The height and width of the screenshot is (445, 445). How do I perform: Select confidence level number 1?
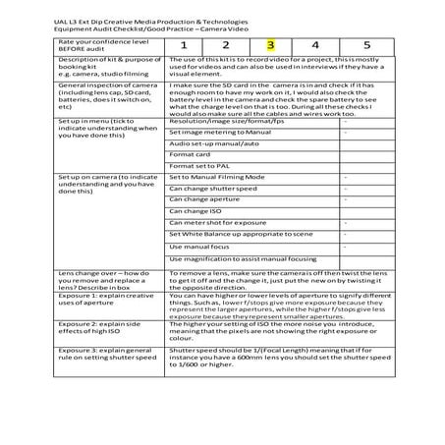click(182, 44)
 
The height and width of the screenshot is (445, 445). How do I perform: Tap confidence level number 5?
click(366, 44)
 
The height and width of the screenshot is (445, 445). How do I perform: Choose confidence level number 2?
click(226, 44)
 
